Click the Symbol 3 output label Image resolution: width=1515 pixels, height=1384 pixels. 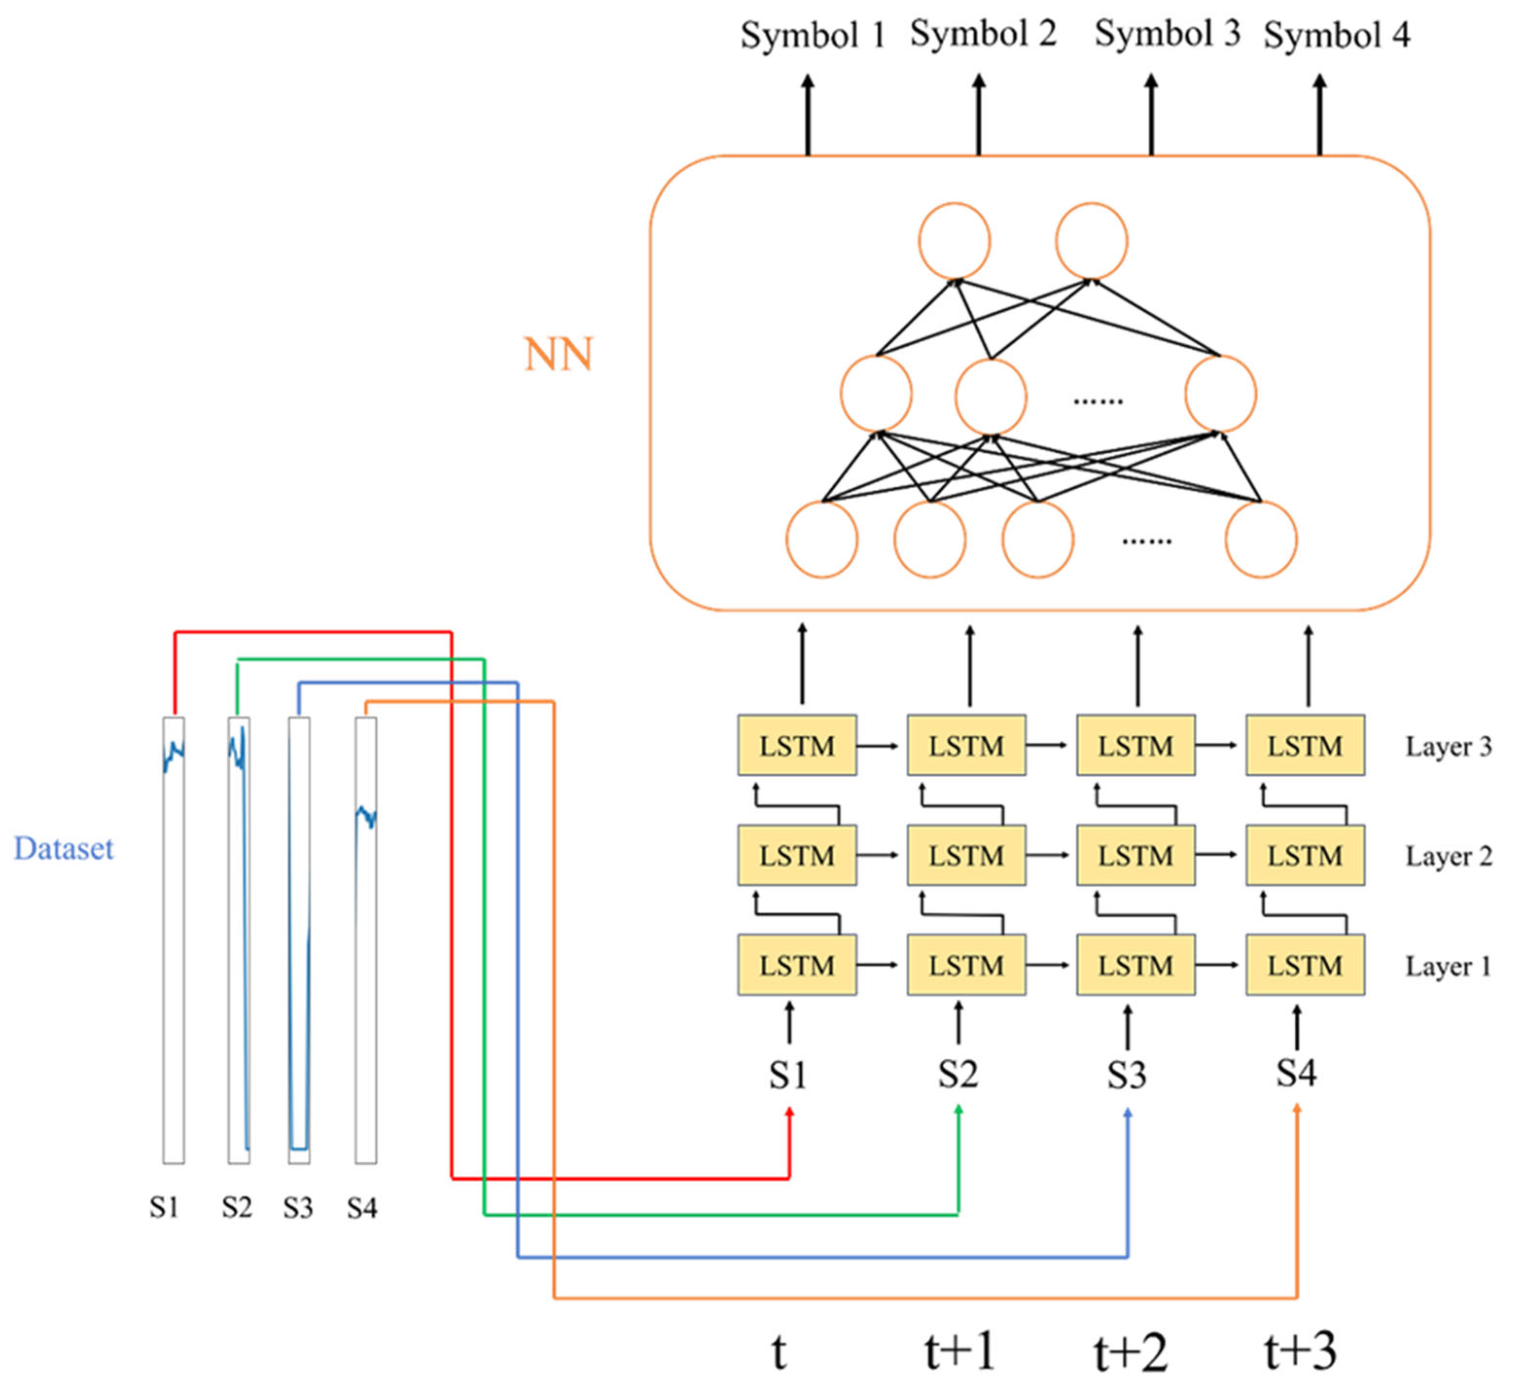pos(1166,34)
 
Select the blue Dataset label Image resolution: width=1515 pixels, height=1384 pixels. pos(64,849)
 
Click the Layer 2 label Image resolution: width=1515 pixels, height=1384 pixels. pos(1448,855)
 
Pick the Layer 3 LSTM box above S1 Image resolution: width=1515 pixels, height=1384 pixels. pos(796,745)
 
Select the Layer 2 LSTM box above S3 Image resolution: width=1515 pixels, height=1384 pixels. pos(1135,855)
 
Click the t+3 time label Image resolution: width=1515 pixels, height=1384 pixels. pos(1300,1351)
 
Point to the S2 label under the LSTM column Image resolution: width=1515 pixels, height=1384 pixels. pos(957,1074)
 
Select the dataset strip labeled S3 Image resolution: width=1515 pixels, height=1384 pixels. pos(299,940)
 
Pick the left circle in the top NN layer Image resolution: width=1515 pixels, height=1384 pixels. pos(953,241)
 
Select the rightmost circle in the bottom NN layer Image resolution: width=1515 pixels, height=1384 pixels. pos(1260,539)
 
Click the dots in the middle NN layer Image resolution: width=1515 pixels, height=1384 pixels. pos(1097,401)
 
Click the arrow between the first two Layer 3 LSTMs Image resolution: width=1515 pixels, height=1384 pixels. pos(879,746)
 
